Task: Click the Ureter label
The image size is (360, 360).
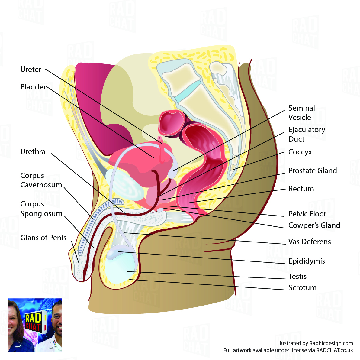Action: (31, 70)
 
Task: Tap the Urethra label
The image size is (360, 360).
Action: (33, 152)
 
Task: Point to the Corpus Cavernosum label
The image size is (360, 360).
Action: (41, 180)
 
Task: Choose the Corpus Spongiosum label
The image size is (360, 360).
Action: (41, 209)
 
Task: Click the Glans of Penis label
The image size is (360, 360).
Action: (43, 238)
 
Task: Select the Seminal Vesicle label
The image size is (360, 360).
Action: (301, 113)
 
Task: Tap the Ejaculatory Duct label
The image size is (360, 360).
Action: (307, 134)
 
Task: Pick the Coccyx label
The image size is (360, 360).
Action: (300, 152)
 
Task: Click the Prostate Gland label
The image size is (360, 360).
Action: (313, 171)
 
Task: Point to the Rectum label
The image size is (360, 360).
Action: (301, 189)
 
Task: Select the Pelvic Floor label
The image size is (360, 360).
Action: (307, 214)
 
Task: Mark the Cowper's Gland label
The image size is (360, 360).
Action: (314, 225)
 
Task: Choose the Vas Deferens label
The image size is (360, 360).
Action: (310, 242)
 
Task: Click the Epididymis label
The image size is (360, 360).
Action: (307, 261)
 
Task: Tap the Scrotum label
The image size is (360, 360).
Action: (302, 288)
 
